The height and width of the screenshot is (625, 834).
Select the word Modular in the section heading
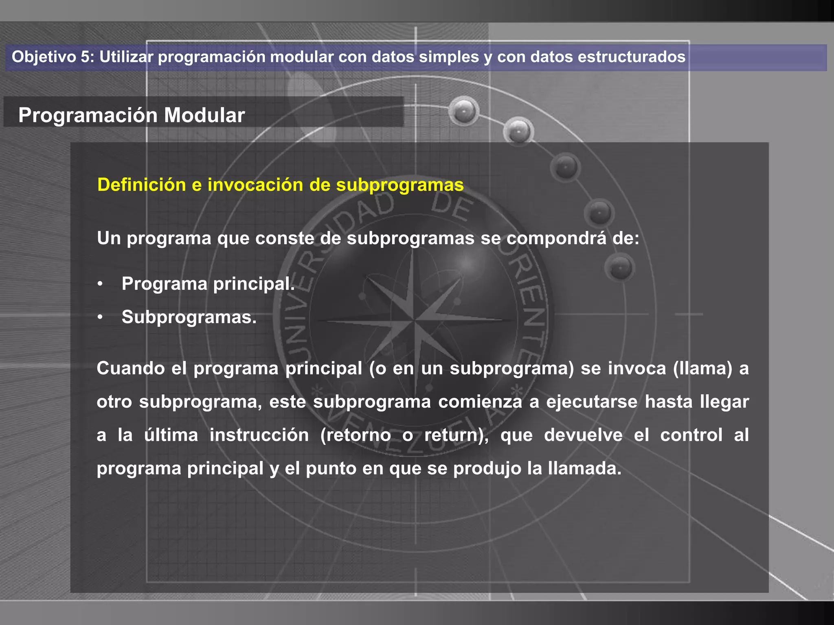(204, 115)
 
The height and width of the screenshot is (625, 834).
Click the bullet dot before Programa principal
(100, 284)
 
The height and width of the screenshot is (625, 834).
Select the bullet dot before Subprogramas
(100, 317)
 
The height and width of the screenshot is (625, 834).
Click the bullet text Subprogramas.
(189, 317)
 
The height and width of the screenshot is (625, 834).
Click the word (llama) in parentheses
(703, 369)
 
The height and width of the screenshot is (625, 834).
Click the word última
(171, 435)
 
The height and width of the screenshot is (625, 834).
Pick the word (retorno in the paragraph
(356, 435)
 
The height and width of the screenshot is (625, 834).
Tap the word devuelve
(583, 435)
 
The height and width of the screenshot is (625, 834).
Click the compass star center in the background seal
(414, 320)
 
